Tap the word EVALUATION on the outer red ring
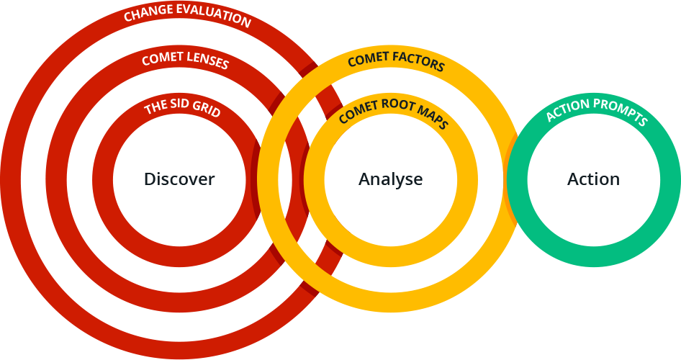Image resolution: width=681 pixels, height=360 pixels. pyautogui.click(x=213, y=16)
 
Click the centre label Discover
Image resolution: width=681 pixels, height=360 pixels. pyautogui.click(x=179, y=179)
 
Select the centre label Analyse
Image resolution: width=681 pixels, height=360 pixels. pyautogui.click(x=391, y=179)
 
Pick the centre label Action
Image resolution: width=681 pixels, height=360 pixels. pyautogui.click(x=593, y=179)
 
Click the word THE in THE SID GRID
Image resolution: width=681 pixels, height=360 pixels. pyautogui.click(x=155, y=109)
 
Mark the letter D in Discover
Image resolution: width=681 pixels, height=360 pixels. pyautogui.click(x=148, y=179)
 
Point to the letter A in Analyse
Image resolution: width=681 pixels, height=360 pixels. pyautogui.click(x=364, y=179)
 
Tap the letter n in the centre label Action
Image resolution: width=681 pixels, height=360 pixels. pyautogui.click(x=615, y=179)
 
